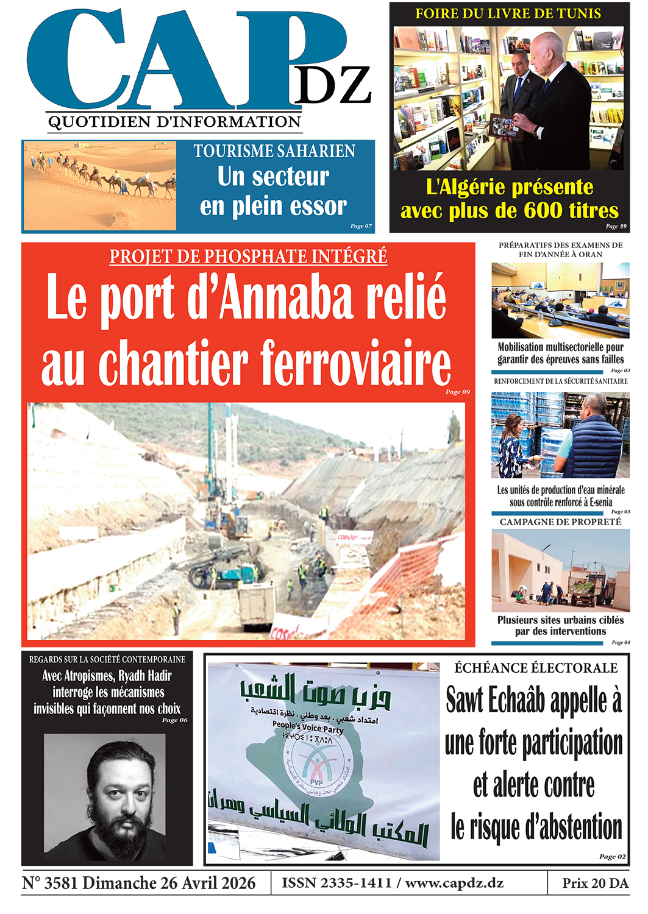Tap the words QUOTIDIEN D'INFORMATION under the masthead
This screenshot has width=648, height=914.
174,122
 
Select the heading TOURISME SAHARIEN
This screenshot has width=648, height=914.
274,151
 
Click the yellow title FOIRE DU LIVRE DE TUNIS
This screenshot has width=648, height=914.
508,13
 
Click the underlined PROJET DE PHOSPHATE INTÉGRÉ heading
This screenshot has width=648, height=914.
248,257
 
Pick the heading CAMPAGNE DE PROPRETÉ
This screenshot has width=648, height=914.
560,522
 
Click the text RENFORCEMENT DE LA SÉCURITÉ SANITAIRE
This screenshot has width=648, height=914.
560,381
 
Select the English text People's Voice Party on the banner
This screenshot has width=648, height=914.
308,727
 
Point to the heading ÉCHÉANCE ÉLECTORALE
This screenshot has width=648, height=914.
536,668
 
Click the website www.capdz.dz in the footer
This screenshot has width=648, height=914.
454,884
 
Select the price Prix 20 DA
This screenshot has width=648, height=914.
595,884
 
